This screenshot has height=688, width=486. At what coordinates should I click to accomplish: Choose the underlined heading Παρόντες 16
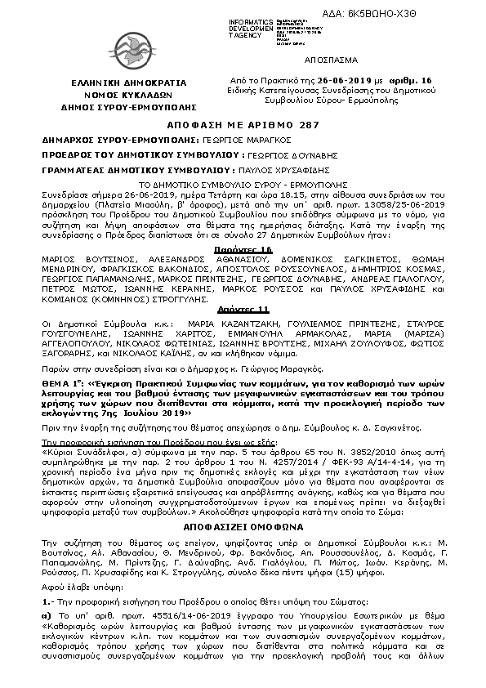point(244,248)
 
